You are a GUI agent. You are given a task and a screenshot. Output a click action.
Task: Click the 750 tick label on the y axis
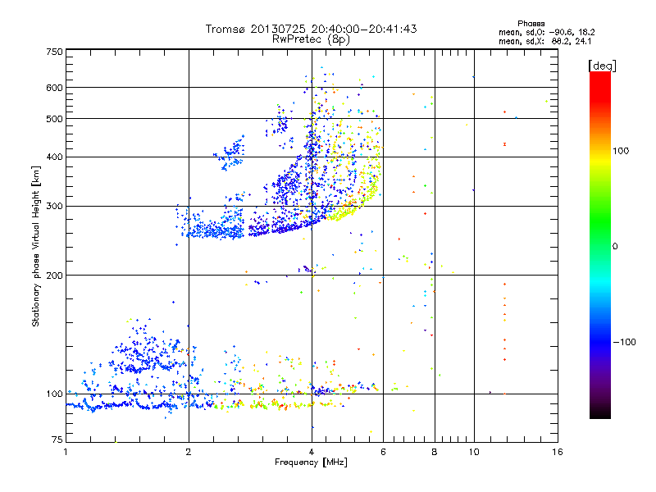pos(55,52)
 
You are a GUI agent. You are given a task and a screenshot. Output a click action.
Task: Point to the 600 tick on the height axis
pos(55,87)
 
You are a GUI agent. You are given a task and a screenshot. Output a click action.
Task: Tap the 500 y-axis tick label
pos(55,118)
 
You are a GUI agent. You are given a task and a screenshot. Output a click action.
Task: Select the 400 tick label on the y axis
pos(55,157)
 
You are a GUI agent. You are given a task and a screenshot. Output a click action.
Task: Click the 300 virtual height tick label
pos(55,206)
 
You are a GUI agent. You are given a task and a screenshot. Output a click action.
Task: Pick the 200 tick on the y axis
pos(55,275)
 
